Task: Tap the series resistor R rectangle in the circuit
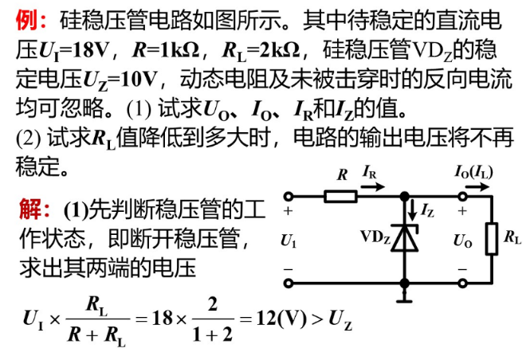pyautogui.click(x=341, y=194)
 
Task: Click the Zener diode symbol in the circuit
pyautogui.click(x=405, y=238)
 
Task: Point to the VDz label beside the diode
pyautogui.click(x=375, y=237)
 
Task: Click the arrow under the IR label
pyautogui.click(x=371, y=185)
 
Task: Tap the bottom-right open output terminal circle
pyautogui.click(x=462, y=282)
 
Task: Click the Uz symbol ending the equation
pyautogui.click(x=343, y=321)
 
